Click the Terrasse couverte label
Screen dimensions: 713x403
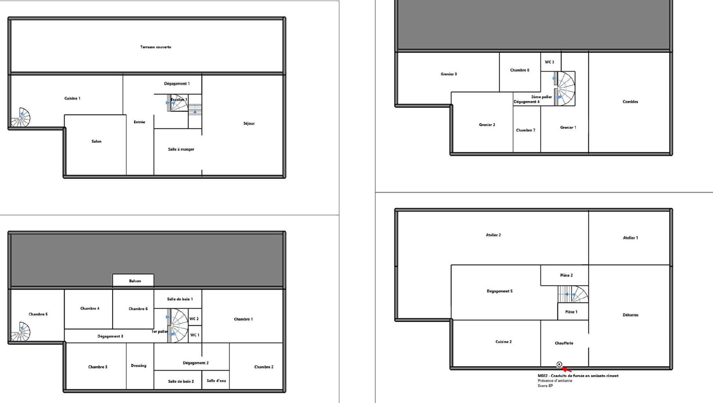pos(156,47)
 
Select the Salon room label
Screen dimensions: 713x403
pos(97,141)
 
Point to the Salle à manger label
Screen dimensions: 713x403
pos(181,149)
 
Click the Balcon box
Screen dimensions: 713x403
pos(133,280)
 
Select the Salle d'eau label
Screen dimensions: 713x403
pos(216,381)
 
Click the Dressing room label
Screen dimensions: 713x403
pos(138,366)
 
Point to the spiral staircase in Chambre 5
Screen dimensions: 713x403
pos(21,332)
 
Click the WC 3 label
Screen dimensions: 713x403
pos(549,62)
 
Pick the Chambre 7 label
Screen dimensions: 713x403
pos(525,130)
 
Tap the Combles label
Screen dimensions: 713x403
pos(630,102)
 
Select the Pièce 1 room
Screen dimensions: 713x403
pos(573,311)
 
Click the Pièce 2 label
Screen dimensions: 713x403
pos(566,275)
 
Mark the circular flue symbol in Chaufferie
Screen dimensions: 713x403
pos(559,364)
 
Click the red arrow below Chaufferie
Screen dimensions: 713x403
pos(566,370)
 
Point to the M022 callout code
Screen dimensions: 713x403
pos(543,376)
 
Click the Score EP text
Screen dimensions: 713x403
pos(545,385)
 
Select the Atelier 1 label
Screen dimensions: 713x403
pos(630,238)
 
